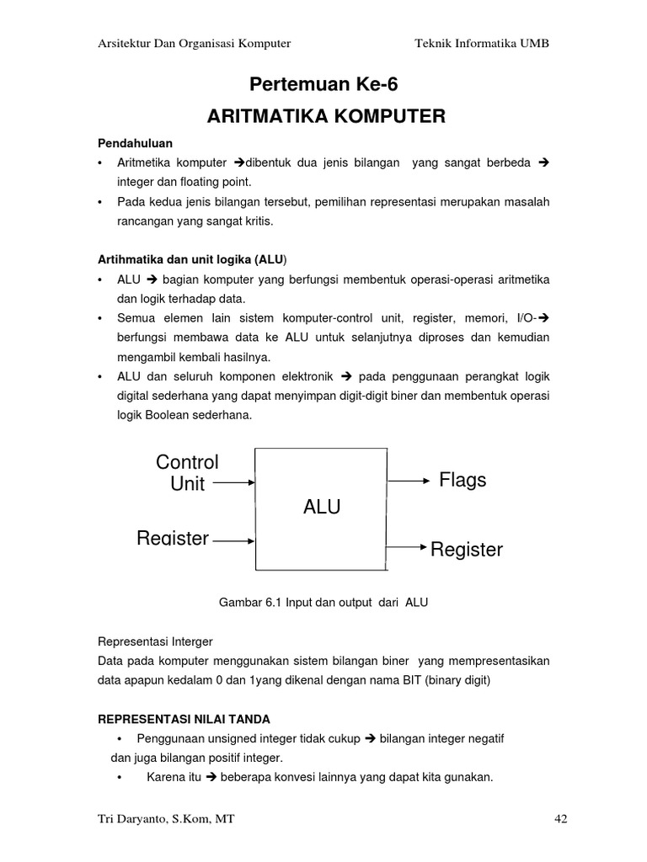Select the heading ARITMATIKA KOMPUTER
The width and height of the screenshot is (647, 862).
[x=326, y=116]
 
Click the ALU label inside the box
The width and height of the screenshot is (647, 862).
[x=322, y=507]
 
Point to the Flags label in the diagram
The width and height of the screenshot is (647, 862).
[x=463, y=480]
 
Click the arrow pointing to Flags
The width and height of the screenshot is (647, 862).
[x=409, y=481]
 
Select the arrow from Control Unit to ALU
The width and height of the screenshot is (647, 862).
[x=233, y=483]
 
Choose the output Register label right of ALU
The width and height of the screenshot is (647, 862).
[x=466, y=550]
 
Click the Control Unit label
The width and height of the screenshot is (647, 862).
[x=187, y=473]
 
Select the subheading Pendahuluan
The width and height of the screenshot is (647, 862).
[x=135, y=144]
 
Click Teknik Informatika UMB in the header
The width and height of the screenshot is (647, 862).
[x=482, y=43]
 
